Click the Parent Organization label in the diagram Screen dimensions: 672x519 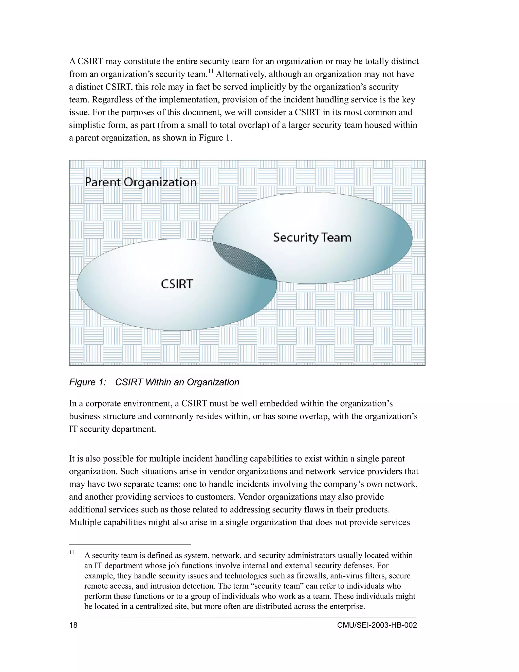coord(140,182)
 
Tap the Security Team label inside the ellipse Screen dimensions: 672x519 coord(312,238)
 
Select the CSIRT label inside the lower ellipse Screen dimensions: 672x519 coord(177,284)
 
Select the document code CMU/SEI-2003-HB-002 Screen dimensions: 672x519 coord(377,625)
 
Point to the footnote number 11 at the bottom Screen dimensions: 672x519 coord(72,552)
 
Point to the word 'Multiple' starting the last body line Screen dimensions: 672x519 coord(82,522)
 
